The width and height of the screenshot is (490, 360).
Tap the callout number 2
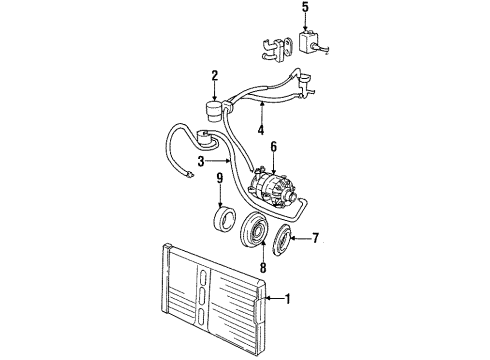pyautogui.click(x=213, y=74)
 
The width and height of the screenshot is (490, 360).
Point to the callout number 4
pyautogui.click(x=260, y=130)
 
